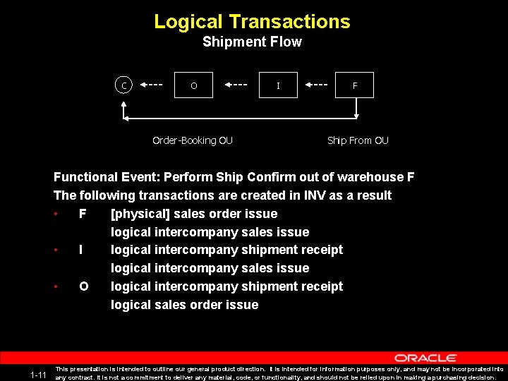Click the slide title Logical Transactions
pos(252,21)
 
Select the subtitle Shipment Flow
pos(252,42)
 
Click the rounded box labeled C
pos(124,85)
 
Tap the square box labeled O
pos(194,85)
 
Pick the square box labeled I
pos(278,85)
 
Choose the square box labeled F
pos(355,85)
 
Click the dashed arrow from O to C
pos(152,85)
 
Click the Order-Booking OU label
pos(193,140)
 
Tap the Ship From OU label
pos(358,140)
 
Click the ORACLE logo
pos(425,358)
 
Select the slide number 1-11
pos(38,375)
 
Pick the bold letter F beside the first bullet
pos(83,214)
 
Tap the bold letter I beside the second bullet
pos(82,250)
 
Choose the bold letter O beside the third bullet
pos(83,286)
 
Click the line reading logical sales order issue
pos(184,305)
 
